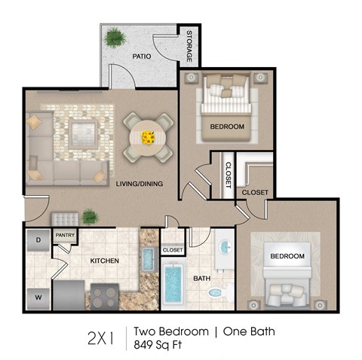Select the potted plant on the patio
[115, 37]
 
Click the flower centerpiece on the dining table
[148, 137]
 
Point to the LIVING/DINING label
[140, 184]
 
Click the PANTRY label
[64, 234]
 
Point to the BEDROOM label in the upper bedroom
[228, 127]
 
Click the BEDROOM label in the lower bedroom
[287, 256]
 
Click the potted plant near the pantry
[90, 217]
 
